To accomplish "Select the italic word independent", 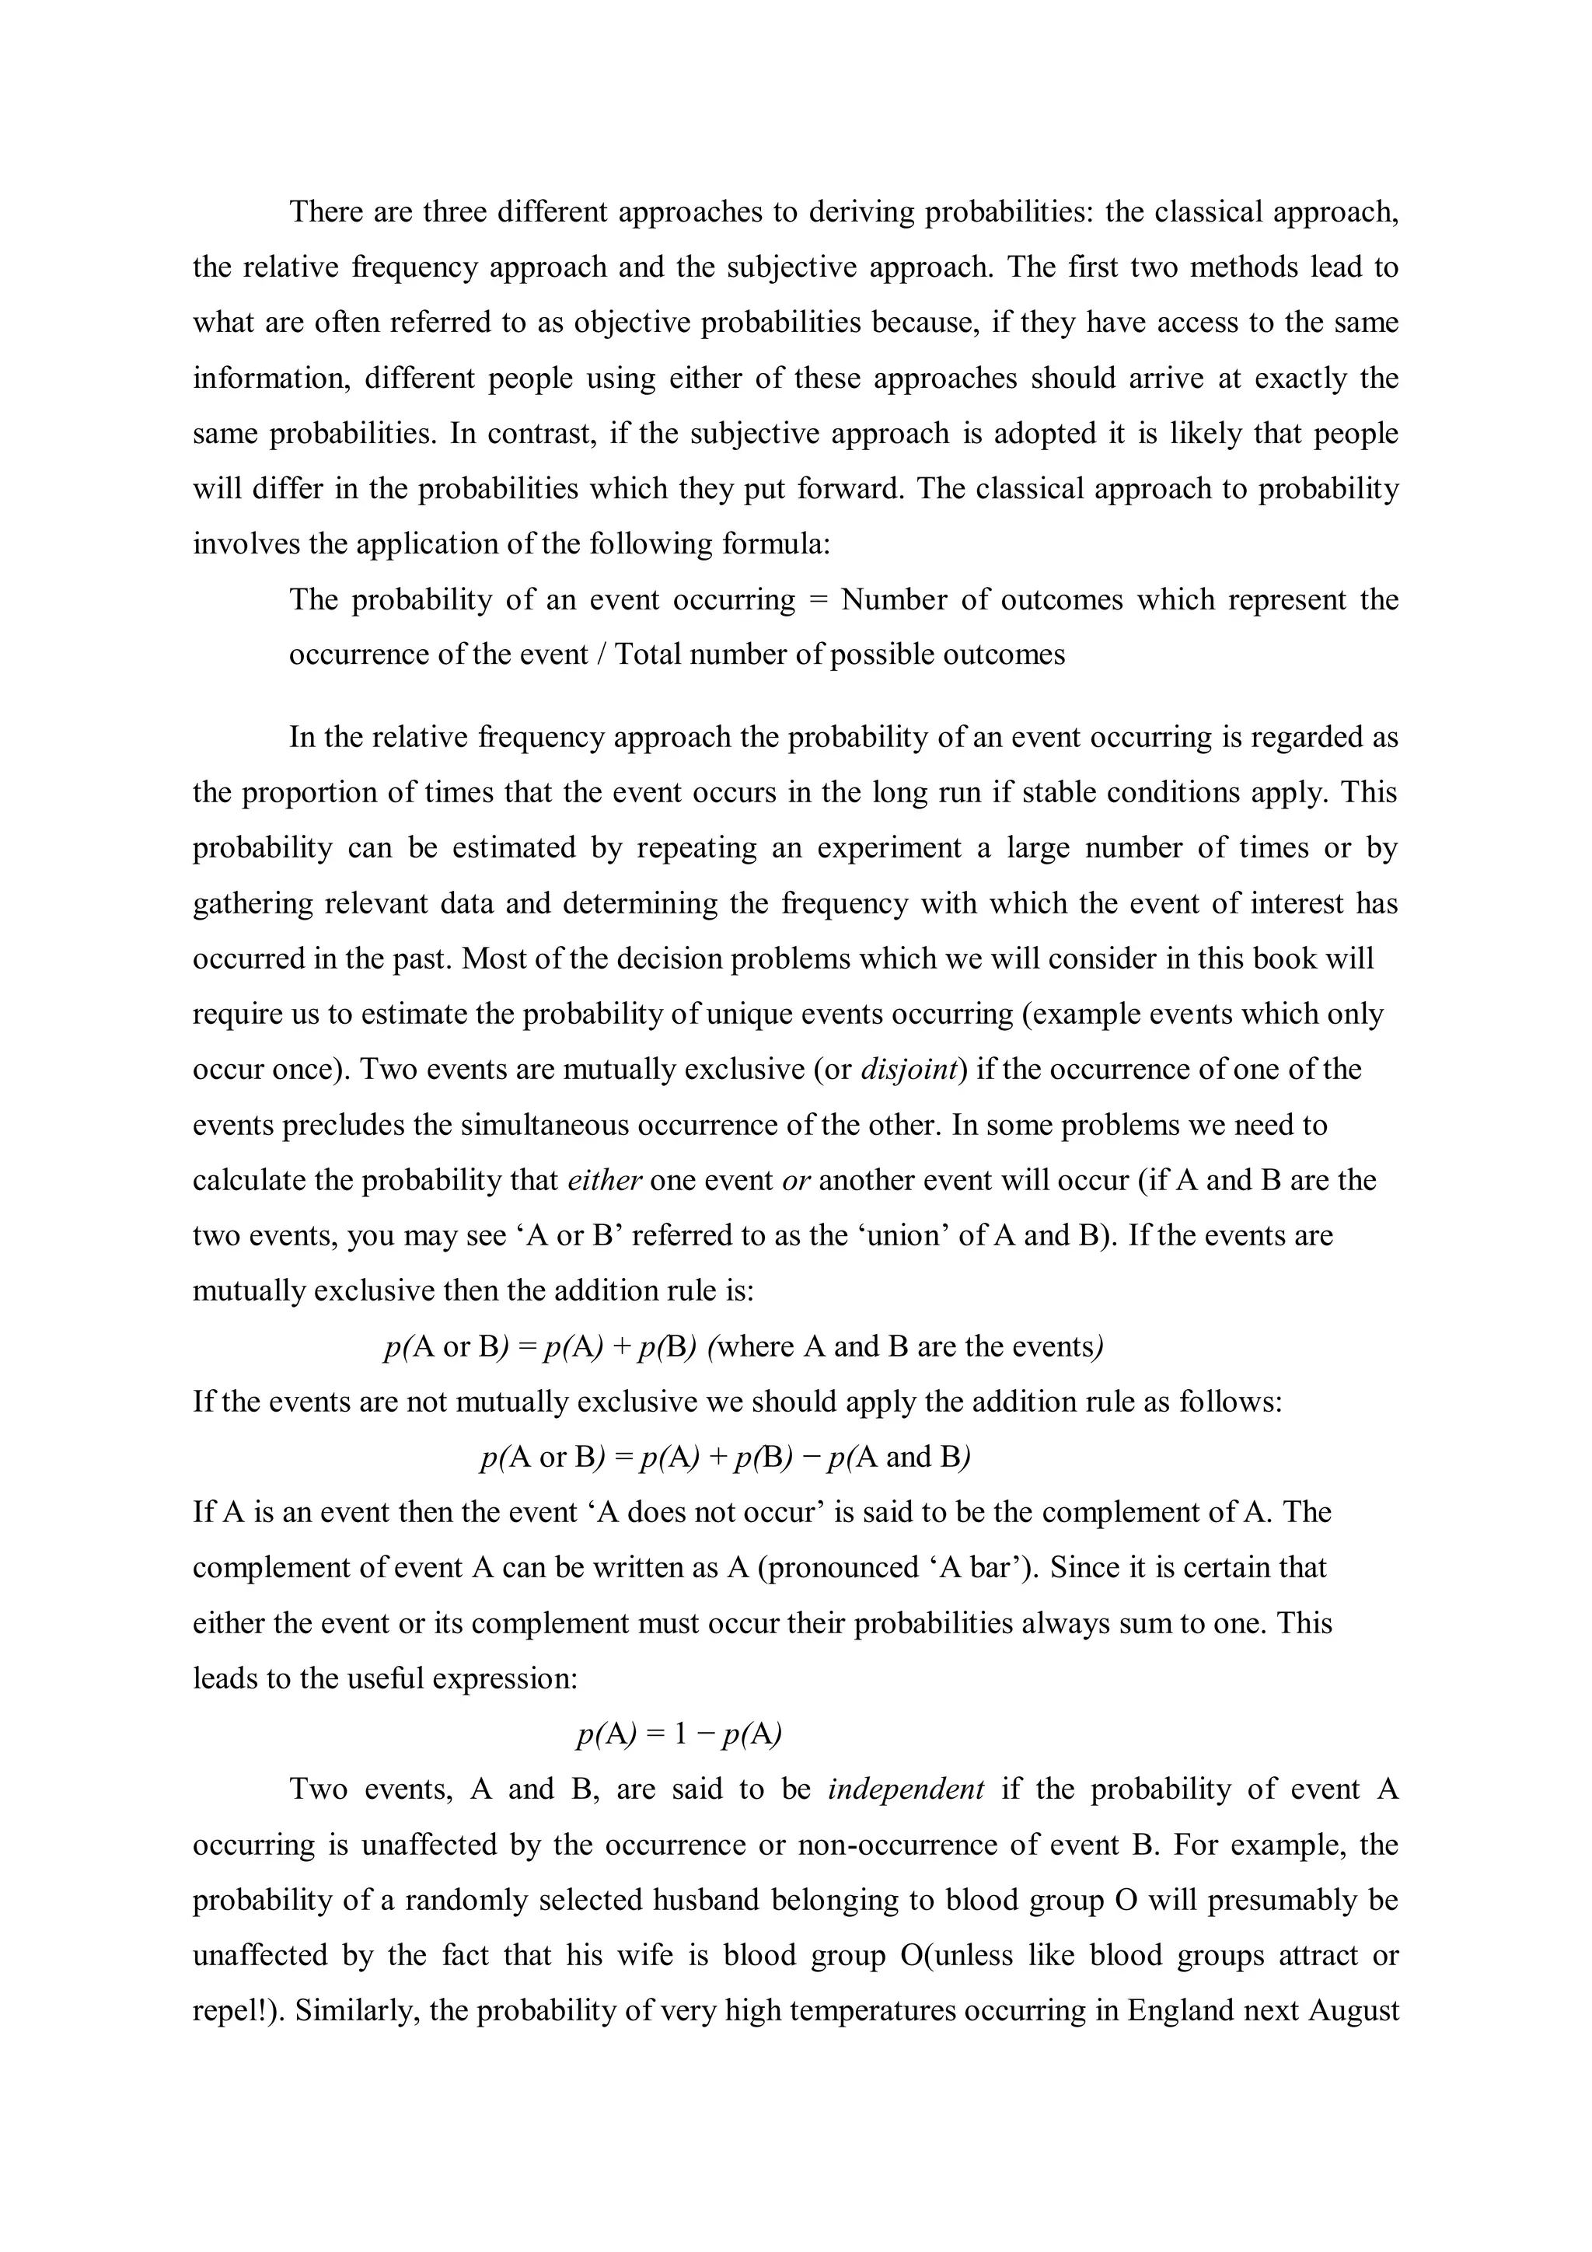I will pyautogui.click(x=906, y=1789).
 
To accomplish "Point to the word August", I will pyautogui.click(x=1352, y=2011).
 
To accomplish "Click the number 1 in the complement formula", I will pyautogui.click(x=682, y=1734).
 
